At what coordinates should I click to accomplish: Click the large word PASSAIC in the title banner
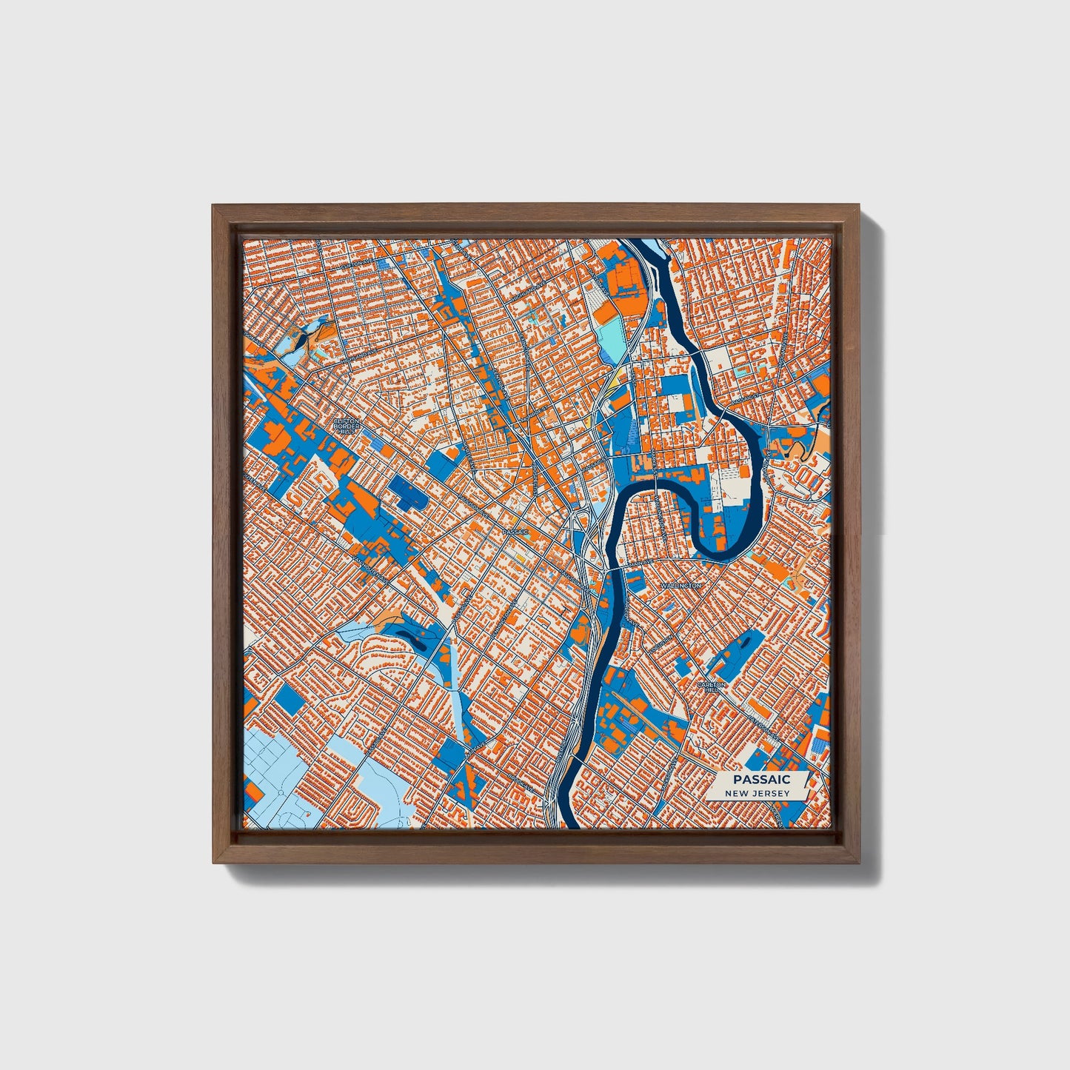tap(761, 779)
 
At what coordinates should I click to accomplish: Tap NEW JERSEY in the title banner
tap(757, 794)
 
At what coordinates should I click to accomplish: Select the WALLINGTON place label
tap(680, 585)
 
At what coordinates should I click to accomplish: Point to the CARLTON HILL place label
tap(711, 686)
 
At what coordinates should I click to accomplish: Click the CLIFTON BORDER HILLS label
tap(346, 426)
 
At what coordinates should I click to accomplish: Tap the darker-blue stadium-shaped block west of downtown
tap(408, 494)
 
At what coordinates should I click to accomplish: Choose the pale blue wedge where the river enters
tap(652, 245)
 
